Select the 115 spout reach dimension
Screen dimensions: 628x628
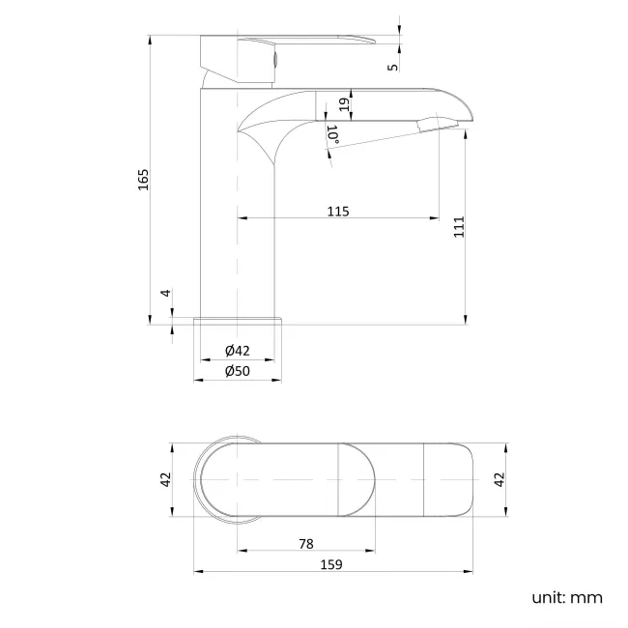(x=337, y=211)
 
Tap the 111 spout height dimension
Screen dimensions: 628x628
(x=459, y=226)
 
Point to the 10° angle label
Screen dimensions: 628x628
(x=332, y=135)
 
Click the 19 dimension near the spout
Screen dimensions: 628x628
(x=344, y=104)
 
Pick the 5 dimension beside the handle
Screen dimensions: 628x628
(x=391, y=66)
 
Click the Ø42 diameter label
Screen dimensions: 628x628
(x=238, y=351)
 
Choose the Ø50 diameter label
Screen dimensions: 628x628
(x=238, y=371)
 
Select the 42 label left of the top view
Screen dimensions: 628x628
(x=164, y=478)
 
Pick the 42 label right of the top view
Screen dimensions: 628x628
(x=500, y=478)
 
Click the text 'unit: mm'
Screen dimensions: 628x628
(x=567, y=598)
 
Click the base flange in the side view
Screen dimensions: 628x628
(x=238, y=321)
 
